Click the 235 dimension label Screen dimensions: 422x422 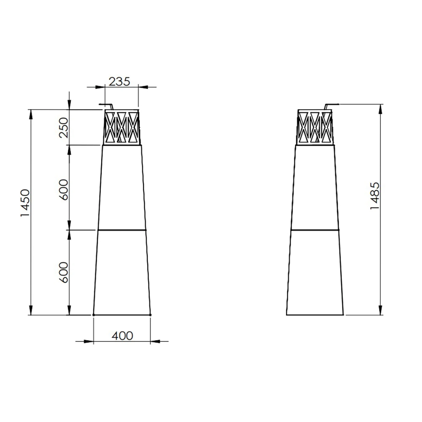(119, 82)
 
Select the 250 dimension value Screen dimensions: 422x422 (64, 128)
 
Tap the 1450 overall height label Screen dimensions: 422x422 (25, 203)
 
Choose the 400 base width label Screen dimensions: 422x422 (122, 336)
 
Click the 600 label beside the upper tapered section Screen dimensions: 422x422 (64, 190)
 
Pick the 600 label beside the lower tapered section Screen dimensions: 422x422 (64, 272)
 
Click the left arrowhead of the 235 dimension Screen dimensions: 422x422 (100, 87)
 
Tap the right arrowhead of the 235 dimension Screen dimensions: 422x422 (143, 87)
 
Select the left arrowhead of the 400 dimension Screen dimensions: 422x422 (89, 341)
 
